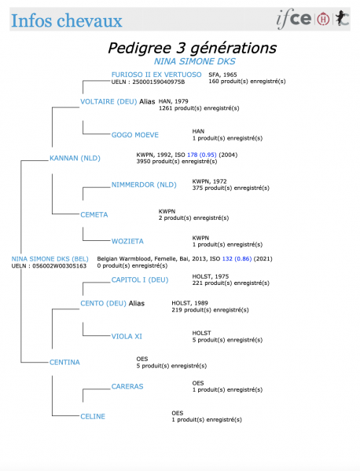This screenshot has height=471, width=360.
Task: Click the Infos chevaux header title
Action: [67, 20]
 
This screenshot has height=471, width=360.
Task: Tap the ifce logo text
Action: [294, 19]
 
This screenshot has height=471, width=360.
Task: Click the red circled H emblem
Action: [323, 19]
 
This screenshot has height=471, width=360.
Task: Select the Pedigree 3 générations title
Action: [192, 48]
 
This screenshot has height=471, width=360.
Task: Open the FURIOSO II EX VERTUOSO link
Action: [156, 75]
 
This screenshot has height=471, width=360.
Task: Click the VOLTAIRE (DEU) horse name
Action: [108, 101]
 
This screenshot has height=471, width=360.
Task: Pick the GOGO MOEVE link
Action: [134, 135]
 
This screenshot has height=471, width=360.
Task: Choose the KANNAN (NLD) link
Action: [75, 158]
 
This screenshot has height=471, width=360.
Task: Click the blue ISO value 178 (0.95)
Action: [202, 155]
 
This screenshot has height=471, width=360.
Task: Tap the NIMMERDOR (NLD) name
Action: [144, 184]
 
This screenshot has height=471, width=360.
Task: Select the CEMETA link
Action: [94, 215]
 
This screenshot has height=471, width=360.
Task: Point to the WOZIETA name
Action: [127, 241]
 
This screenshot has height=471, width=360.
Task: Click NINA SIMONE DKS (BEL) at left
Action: [50, 259]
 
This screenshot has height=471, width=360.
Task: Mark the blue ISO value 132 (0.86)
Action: [237, 258]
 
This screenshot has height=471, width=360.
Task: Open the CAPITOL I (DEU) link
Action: [140, 280]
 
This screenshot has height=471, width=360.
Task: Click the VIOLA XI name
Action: [127, 337]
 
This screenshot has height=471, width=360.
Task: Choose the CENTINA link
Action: [64, 362]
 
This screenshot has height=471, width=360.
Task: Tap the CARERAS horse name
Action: [127, 386]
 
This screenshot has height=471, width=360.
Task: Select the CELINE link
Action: [93, 416]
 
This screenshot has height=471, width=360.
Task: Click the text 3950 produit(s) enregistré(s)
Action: [177, 161]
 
